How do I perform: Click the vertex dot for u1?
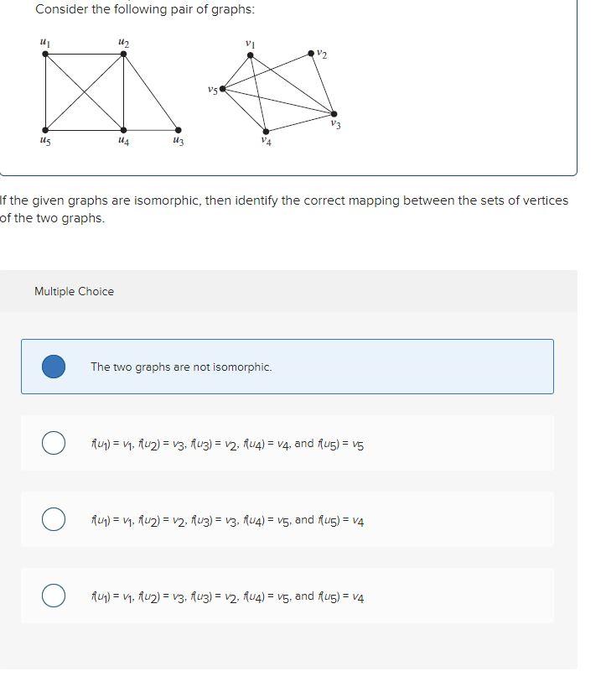coord(45,54)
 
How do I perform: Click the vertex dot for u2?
coord(124,54)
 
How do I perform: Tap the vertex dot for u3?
coord(178,130)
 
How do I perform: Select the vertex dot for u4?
coord(124,130)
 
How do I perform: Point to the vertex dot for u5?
coord(45,130)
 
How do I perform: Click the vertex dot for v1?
coord(250,55)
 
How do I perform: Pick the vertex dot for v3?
coord(334,113)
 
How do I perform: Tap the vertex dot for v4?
coord(266,131)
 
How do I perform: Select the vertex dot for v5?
coord(222,88)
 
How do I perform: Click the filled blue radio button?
coord(54,367)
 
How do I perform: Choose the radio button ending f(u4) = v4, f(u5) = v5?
coord(54,443)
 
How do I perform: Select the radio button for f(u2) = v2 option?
coord(54,519)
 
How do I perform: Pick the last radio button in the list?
coord(54,596)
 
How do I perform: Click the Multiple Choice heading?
coord(74,291)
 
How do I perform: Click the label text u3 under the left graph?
coord(177,143)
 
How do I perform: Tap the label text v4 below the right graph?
coord(266,143)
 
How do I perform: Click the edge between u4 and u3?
coord(151,130)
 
